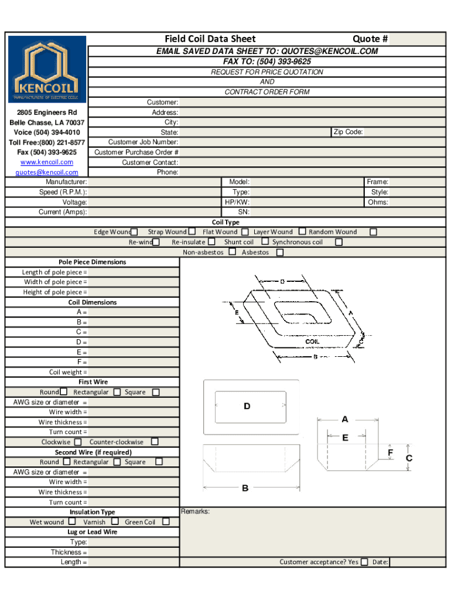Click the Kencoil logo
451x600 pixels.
[47, 69]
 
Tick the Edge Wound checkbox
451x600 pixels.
[134, 232]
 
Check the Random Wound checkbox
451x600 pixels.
[373, 232]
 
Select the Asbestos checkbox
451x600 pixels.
[280, 252]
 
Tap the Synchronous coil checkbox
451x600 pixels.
[339, 242]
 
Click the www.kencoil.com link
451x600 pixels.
[47, 162]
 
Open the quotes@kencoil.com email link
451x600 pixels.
[47, 172]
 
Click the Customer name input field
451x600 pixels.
[312, 102]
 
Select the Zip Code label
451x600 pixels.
[348, 132]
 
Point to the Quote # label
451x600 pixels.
[370, 39]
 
